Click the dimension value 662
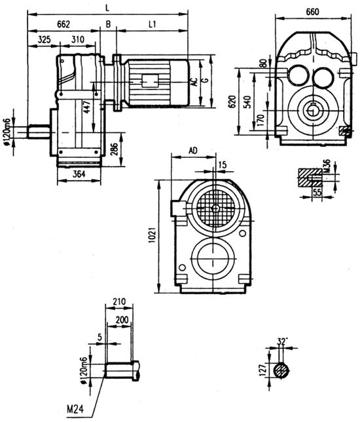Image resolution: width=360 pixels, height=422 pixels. [x=63, y=24]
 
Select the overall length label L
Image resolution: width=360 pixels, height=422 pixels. [x=108, y=7]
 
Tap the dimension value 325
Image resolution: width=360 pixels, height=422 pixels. [x=44, y=40]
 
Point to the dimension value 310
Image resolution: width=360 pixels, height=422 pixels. [x=78, y=40]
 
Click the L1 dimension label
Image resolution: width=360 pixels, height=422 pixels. [x=152, y=24]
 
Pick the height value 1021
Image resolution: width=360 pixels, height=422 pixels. [x=151, y=238]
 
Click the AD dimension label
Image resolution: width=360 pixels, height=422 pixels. [x=192, y=151]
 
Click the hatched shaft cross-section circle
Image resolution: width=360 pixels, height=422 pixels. [x=283, y=370]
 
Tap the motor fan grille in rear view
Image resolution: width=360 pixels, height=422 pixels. [x=216, y=210]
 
